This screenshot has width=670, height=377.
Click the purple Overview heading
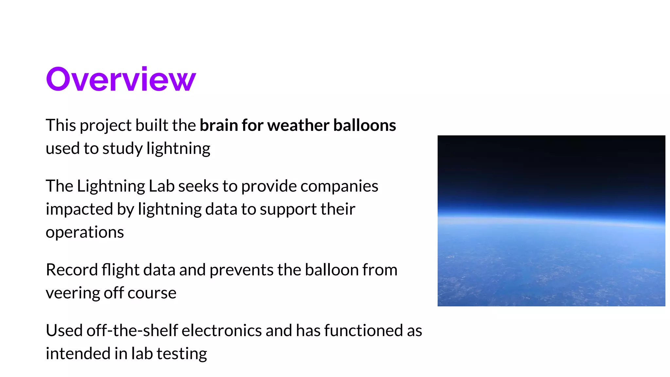pyautogui.click(x=121, y=79)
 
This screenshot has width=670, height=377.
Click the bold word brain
pyautogui.click(x=219, y=125)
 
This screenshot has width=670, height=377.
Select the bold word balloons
pyautogui.click(x=364, y=125)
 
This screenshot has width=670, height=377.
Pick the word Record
pyautogui.click(x=72, y=270)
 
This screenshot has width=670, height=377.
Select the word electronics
pyautogui.click(x=221, y=331)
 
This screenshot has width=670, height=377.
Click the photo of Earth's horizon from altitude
pyautogui.click(x=551, y=221)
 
